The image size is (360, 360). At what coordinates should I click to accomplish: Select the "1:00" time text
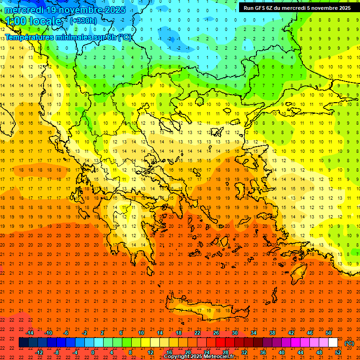tap(16, 21)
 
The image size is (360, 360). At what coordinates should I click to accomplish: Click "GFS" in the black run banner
tap(262, 8)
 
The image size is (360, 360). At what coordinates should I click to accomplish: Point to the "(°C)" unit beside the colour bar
tap(349, 343)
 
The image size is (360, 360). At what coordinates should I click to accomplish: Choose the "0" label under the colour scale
tap(93, 352)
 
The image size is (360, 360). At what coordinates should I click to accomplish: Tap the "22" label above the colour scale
tap(197, 333)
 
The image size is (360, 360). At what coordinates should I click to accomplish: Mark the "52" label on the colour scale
tap(337, 352)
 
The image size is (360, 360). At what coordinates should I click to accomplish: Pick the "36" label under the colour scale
tap(262, 352)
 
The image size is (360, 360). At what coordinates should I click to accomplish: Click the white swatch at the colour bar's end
tap(333, 343)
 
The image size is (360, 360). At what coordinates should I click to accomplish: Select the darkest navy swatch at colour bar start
tap(23, 343)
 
